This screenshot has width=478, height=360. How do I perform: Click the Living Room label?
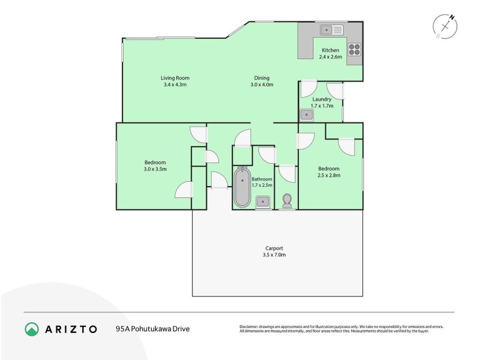click(175, 77)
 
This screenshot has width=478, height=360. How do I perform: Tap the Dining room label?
click(261, 77)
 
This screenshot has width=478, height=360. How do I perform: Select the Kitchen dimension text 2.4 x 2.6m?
click(330, 57)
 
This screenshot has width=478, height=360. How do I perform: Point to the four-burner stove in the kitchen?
click(354, 50)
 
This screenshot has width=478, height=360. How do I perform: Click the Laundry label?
click(322, 99)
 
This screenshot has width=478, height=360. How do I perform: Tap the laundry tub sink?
click(306, 114)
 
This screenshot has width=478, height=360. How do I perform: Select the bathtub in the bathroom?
click(242, 188)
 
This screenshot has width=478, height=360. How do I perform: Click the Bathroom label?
click(262, 179)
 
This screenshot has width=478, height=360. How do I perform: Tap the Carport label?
click(274, 248)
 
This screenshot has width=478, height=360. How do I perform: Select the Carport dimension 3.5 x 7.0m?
click(274, 255)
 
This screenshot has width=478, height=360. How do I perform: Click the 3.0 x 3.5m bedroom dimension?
click(155, 169)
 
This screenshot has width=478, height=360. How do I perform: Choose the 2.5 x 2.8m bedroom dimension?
click(329, 175)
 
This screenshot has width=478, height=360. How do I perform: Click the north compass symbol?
click(446, 26)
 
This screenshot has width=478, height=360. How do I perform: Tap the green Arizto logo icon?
click(32, 329)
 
